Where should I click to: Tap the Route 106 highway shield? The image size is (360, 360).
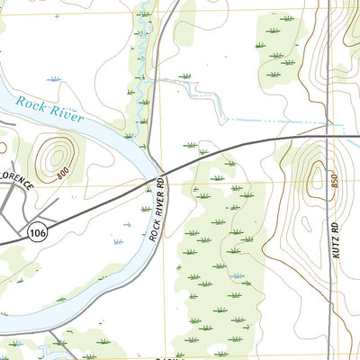[37, 232]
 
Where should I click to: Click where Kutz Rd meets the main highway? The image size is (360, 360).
[329, 137]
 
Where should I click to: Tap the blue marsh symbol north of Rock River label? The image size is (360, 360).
[52, 80]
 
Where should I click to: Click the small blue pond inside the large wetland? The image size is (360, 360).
[237, 275]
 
